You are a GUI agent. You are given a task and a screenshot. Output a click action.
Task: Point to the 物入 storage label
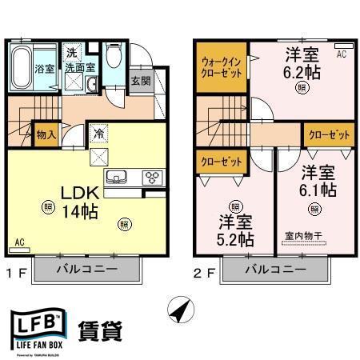46,134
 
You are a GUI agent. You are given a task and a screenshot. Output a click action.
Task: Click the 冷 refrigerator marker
99,134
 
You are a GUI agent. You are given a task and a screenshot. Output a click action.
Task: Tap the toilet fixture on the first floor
115,56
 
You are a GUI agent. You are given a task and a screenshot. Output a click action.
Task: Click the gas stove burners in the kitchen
151,177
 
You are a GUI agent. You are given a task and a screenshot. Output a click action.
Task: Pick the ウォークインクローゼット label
221,66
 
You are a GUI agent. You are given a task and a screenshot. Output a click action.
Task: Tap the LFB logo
35,330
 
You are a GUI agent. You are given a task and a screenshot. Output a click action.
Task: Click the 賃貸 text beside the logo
101,330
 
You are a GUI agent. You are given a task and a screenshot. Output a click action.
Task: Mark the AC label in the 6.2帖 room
341,54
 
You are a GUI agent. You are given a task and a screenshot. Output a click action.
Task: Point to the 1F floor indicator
19,270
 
